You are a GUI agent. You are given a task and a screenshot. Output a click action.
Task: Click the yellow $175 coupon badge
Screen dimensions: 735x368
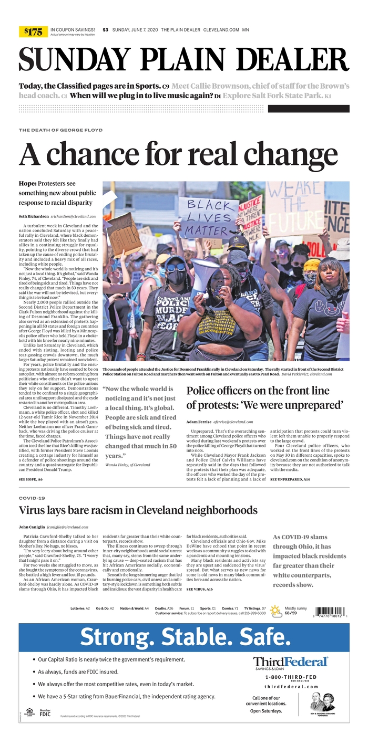click(x=33, y=32)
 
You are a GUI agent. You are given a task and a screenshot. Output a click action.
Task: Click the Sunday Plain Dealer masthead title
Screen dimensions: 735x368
click(x=184, y=59)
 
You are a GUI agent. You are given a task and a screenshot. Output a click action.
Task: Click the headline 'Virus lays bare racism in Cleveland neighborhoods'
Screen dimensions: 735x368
click(x=138, y=510)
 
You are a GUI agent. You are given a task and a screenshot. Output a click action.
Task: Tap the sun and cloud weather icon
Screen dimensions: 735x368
click(x=275, y=610)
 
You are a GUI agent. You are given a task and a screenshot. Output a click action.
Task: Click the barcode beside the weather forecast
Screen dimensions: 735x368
click(x=332, y=612)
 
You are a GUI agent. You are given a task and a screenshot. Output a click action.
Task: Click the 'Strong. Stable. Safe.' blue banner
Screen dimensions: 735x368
click(x=184, y=637)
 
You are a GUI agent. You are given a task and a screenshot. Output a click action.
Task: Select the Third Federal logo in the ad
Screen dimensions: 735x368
click(x=290, y=663)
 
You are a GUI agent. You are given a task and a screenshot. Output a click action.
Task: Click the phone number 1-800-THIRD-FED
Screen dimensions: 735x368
click(x=291, y=677)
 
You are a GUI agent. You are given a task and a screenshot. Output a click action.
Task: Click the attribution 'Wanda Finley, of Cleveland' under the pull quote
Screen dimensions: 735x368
click(x=128, y=465)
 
